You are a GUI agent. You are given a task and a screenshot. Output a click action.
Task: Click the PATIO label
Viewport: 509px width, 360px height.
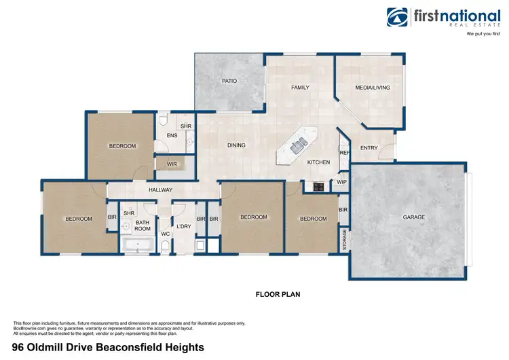click(x=229, y=81)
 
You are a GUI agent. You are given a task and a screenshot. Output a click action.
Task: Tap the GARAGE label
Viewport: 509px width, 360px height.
click(x=414, y=217)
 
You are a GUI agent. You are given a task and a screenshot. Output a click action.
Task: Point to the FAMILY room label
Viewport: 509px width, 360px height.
click(x=300, y=88)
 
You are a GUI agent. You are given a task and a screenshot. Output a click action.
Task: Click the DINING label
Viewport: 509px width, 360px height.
click(x=236, y=145)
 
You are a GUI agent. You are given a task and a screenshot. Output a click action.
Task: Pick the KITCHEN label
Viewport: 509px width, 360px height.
click(x=318, y=162)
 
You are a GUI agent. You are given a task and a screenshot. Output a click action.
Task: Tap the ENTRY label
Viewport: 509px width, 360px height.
click(x=369, y=147)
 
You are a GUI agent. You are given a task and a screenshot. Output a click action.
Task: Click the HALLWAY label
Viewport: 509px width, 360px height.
click(x=161, y=190)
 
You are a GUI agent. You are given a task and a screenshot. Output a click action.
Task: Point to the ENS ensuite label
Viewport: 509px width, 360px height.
click(x=172, y=136)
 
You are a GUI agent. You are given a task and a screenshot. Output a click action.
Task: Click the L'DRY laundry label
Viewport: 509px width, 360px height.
click(x=183, y=226)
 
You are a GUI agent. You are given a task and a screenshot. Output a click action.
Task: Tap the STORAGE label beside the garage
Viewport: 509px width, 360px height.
click(x=344, y=240)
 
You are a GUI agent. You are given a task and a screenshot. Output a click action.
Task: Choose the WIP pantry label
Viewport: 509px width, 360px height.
click(x=341, y=182)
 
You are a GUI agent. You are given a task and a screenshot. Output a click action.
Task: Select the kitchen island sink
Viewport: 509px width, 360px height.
click(x=297, y=143)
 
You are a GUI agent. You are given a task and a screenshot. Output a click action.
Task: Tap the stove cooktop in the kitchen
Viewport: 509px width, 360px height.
click(x=316, y=186)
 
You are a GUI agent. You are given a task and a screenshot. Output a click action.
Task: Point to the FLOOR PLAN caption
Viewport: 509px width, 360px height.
click(x=278, y=295)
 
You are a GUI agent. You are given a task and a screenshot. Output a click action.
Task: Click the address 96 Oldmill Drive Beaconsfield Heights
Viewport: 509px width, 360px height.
click(x=103, y=346)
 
